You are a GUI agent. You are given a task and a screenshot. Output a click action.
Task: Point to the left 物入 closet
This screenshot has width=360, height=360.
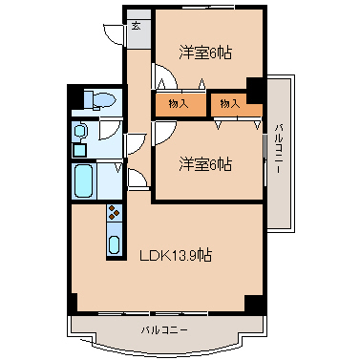click(x=178, y=103)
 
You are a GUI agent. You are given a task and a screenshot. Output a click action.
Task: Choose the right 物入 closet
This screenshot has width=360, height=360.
click(x=229, y=103)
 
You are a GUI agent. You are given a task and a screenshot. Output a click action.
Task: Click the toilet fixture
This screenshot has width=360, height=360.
click(x=99, y=100)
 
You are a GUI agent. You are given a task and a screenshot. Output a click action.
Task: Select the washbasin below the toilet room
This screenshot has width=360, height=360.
click(x=81, y=131)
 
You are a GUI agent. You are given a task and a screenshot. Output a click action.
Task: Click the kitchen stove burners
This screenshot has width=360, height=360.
click(x=114, y=214)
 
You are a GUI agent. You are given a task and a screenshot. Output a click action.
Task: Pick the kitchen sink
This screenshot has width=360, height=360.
click(x=114, y=244)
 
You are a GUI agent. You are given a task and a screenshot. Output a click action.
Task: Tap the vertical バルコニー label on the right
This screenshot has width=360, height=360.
click(x=278, y=149)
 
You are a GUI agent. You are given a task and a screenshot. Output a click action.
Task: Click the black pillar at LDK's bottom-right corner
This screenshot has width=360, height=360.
click(x=253, y=303)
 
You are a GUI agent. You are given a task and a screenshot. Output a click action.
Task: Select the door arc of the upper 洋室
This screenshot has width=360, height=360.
click(x=162, y=76)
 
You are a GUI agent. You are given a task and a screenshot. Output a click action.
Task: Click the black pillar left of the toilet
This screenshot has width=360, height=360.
click(x=73, y=98)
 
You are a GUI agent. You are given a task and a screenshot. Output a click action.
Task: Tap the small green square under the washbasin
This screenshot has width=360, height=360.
click(x=80, y=149)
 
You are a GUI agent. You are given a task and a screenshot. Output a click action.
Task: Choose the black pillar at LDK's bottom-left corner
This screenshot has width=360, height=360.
click(x=72, y=303)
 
